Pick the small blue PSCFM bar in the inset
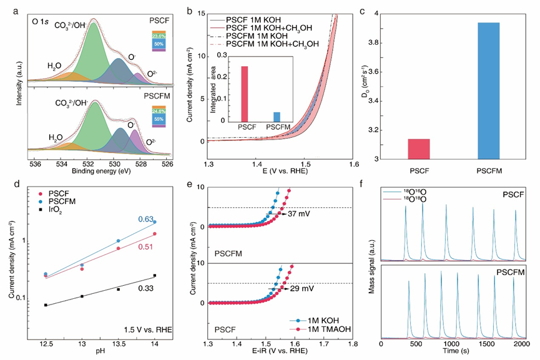(277, 117)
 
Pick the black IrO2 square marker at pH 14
(154, 275)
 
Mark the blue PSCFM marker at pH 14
(154, 221)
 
